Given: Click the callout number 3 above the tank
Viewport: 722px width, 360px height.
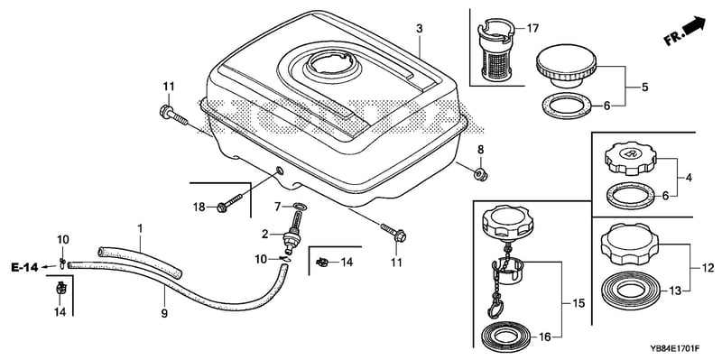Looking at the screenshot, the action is [x=419, y=29].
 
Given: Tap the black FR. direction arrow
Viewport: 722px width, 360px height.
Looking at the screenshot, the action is [x=694, y=25].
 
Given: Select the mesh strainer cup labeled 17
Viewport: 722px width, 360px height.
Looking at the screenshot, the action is [x=495, y=51].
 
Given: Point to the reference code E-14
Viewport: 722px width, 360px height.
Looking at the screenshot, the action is [x=25, y=267].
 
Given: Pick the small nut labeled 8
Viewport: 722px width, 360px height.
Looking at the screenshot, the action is [x=480, y=174].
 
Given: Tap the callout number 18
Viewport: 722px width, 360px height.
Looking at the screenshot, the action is [x=199, y=208].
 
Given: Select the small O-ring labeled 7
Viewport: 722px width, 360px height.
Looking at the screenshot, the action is [x=299, y=206].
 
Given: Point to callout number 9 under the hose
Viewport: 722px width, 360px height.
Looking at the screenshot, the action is [x=164, y=314].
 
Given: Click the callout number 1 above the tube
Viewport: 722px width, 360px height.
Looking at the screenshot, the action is [x=140, y=228].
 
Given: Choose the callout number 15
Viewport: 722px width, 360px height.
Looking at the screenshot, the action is [x=578, y=303].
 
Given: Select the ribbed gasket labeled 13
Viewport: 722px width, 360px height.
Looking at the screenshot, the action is [x=630, y=291].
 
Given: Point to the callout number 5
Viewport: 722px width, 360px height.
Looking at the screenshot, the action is [x=644, y=87].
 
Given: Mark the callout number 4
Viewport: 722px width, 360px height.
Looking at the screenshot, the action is [x=690, y=177].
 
